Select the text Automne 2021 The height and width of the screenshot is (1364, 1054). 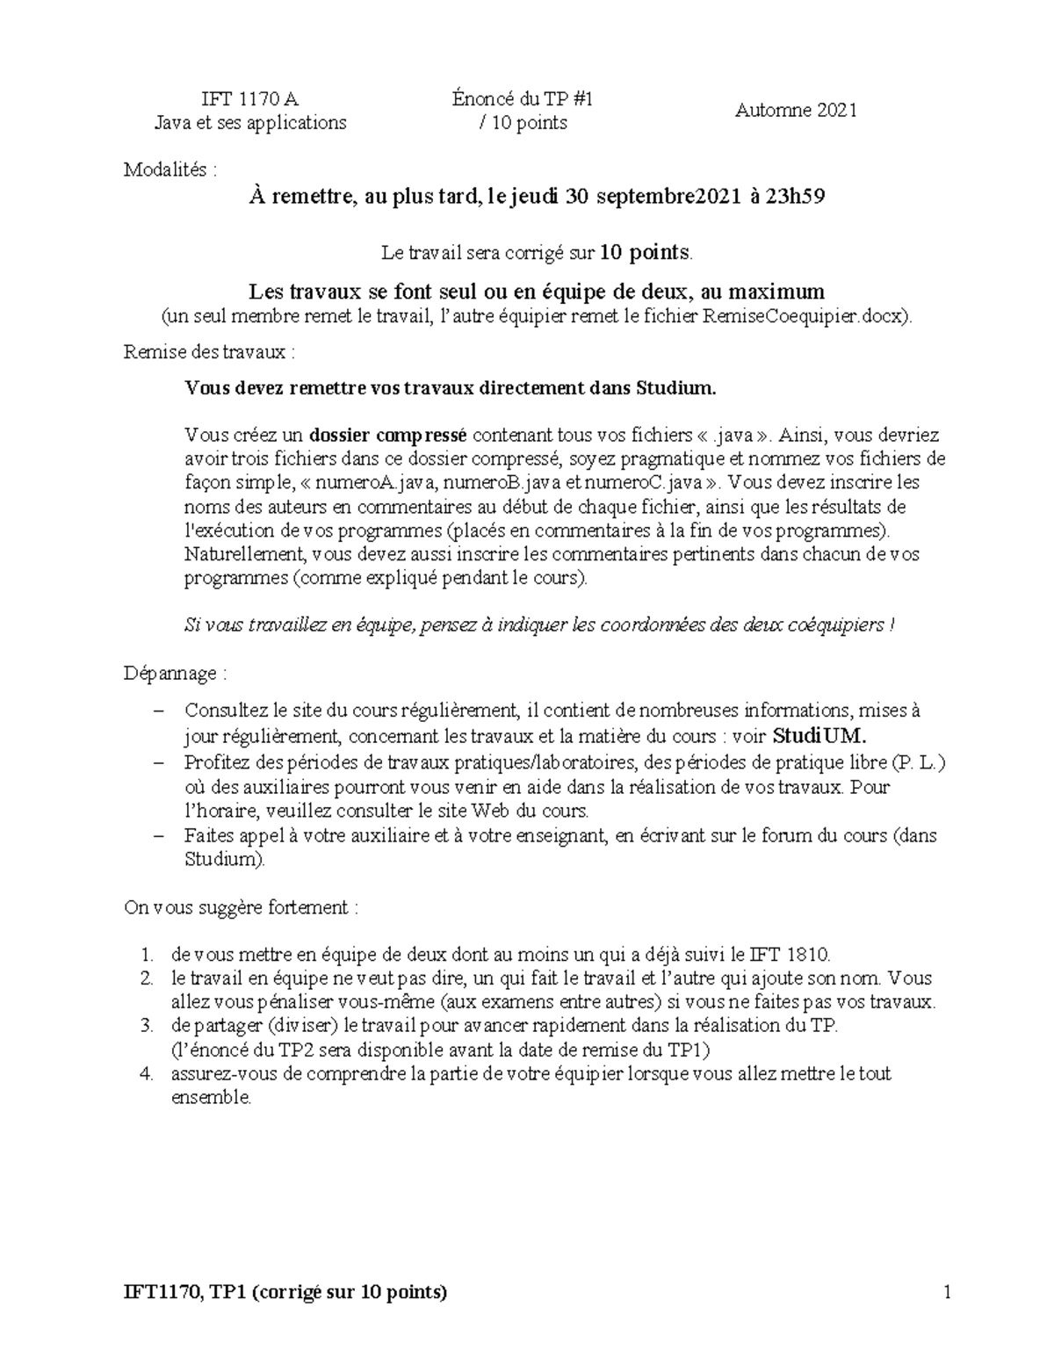(x=796, y=111)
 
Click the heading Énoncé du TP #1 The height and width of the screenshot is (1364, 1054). (x=523, y=99)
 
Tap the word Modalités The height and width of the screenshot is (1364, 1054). (x=166, y=170)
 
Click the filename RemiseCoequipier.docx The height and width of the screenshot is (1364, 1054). (x=806, y=317)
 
